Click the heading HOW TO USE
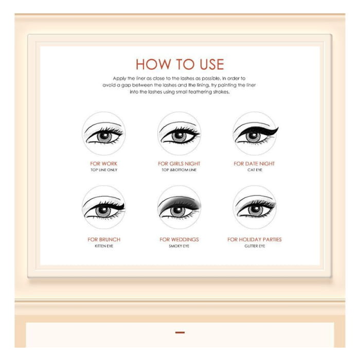[x=180, y=64]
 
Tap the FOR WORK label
[x=104, y=164]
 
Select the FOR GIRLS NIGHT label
[x=179, y=164]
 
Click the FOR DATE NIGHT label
[x=254, y=164]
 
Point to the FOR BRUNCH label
[x=104, y=240]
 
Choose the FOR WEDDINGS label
[x=179, y=240]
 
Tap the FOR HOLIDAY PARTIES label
[x=255, y=240]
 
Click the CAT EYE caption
[x=255, y=170]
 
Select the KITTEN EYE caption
[x=104, y=246]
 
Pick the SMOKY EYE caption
[x=179, y=246]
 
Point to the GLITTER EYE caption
[x=255, y=246]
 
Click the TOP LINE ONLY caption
[x=104, y=170]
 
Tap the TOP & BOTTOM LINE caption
[x=179, y=170]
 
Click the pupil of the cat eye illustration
[x=254, y=136]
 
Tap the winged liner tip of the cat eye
[x=278, y=128]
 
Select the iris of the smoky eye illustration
[x=177, y=211]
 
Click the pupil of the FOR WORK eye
[x=104, y=136]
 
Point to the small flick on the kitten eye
[x=122, y=205]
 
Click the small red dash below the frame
[x=180, y=332]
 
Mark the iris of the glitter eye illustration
[x=255, y=210]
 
